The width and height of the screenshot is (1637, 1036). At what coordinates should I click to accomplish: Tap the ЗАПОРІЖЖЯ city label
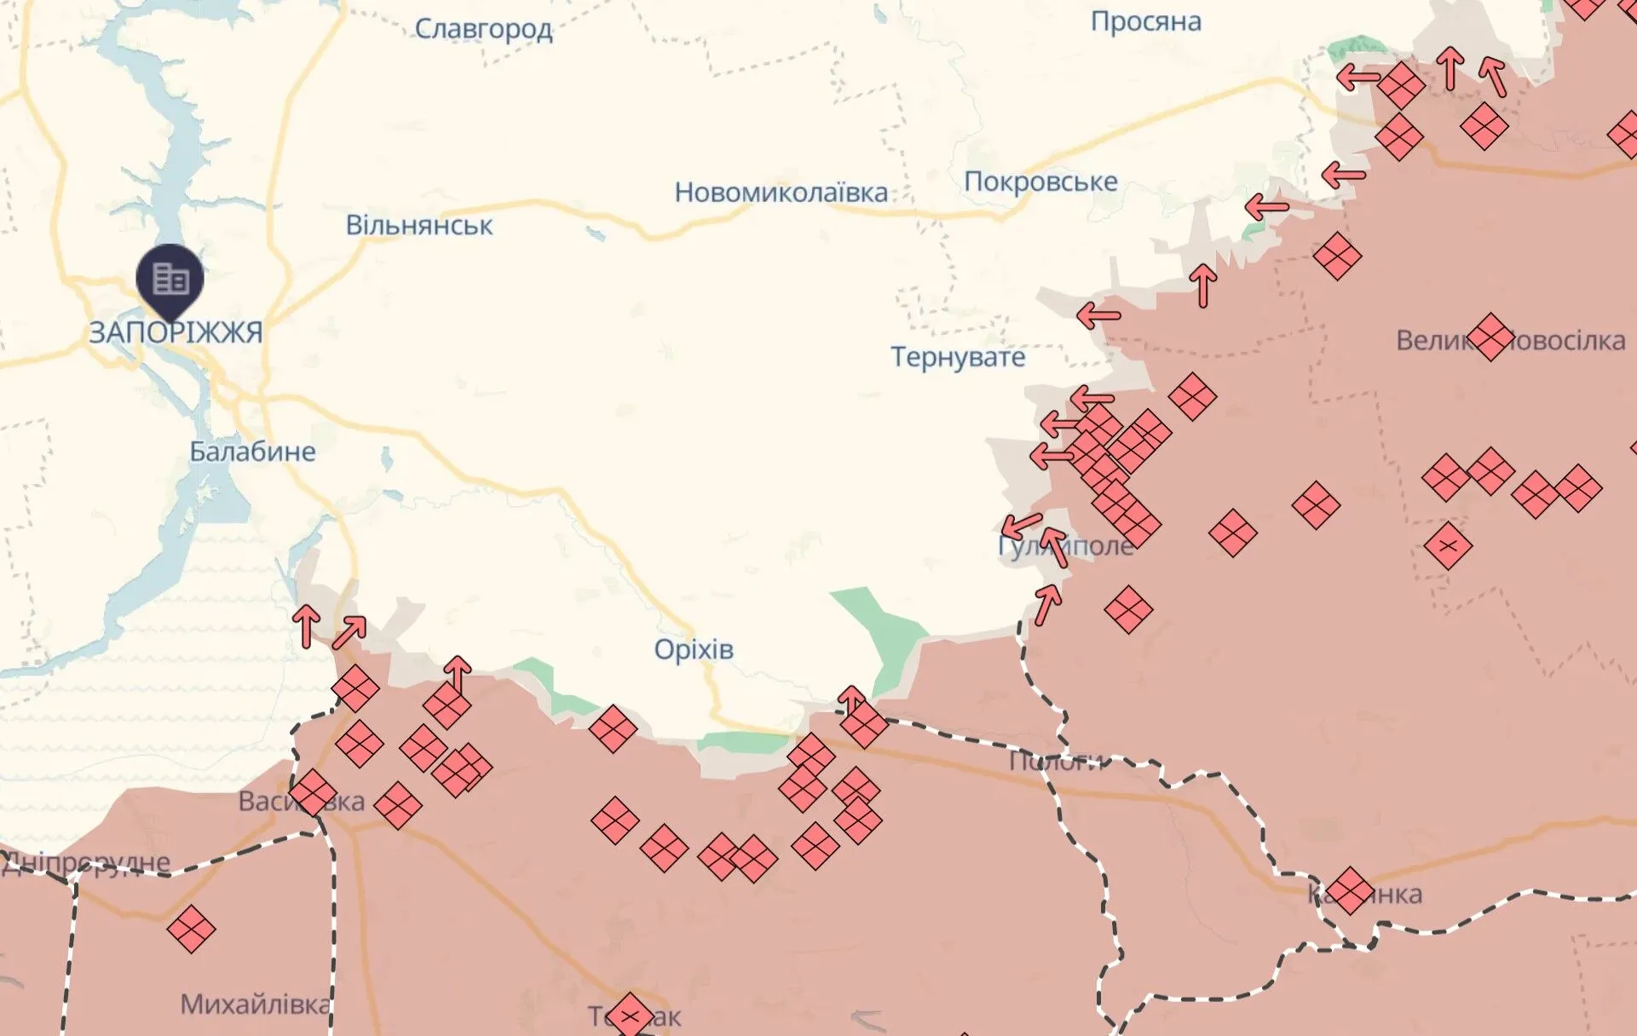[x=176, y=332]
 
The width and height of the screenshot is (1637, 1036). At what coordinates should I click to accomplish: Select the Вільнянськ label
[x=418, y=226]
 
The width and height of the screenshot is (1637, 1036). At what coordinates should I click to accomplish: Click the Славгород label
[x=483, y=29]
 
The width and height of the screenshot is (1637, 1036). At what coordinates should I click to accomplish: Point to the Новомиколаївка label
[x=781, y=193]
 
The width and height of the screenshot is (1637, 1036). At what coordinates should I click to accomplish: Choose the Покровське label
[x=1040, y=181]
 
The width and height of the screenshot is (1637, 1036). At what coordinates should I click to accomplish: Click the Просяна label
[x=1145, y=21]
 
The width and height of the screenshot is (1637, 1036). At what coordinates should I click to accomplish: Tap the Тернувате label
[x=958, y=357]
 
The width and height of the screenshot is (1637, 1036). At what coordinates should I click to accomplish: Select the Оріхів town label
[x=693, y=649]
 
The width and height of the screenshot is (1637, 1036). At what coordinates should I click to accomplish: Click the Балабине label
[x=252, y=452]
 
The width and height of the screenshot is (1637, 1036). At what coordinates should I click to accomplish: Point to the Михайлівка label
[x=254, y=1004]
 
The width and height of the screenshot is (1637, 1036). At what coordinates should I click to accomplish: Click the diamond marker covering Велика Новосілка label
[x=1490, y=337]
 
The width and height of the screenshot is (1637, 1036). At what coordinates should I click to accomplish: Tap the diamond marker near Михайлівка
[x=191, y=929]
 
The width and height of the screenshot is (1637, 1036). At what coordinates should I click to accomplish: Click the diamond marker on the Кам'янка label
[x=1350, y=890]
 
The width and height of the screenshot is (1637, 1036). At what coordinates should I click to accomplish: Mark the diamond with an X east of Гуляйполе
[x=1447, y=546]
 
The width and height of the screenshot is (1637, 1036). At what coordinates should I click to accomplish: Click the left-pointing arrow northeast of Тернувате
[x=1098, y=316]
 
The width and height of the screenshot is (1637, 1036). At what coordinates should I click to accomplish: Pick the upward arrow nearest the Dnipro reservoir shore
[x=306, y=625]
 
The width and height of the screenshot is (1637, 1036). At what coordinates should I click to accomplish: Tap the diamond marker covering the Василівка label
[x=312, y=793]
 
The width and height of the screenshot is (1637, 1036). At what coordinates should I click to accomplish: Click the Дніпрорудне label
[x=85, y=863]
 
